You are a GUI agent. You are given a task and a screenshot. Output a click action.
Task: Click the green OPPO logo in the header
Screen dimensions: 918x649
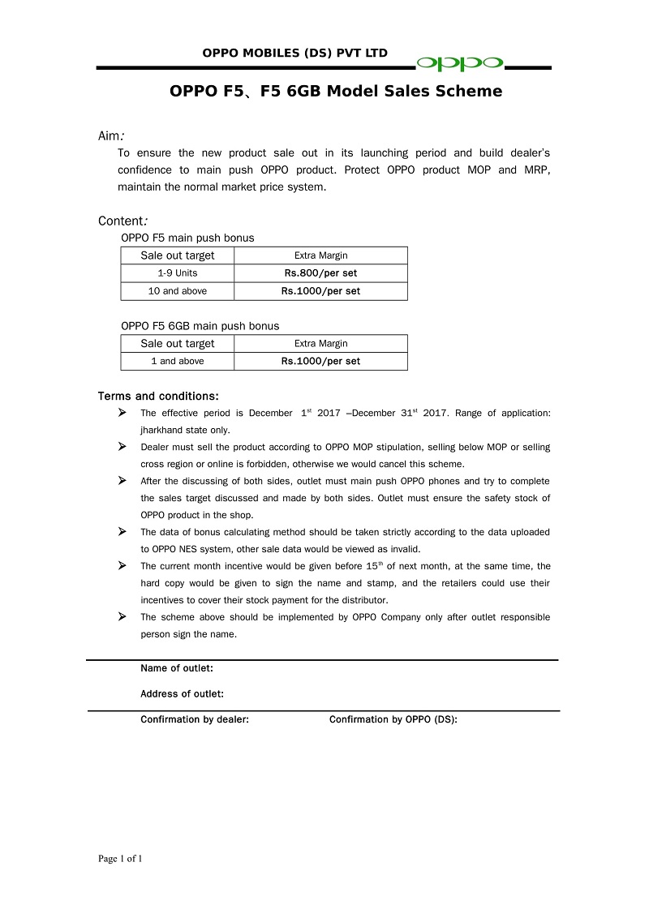[460, 63]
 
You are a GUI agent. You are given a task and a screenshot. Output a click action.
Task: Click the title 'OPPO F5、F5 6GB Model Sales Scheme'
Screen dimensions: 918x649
[336, 92]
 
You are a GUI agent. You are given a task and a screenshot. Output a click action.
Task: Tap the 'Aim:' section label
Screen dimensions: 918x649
[111, 135]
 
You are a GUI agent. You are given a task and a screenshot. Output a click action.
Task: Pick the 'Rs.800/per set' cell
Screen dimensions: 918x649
[320, 273]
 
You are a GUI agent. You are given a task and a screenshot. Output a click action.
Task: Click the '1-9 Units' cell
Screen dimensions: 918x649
[178, 273]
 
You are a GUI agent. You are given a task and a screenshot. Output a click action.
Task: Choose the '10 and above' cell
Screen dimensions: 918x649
[178, 291]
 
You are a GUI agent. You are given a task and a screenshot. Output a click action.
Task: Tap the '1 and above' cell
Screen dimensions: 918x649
[178, 362]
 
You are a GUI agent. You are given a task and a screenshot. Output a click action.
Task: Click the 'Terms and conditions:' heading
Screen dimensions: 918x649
[158, 397]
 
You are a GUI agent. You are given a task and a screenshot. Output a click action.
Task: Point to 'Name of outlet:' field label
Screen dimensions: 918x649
[177, 669]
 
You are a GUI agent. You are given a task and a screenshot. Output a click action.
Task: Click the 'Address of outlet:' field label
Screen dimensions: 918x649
[182, 694]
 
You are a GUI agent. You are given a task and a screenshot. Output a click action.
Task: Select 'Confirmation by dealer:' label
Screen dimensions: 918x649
[195, 719]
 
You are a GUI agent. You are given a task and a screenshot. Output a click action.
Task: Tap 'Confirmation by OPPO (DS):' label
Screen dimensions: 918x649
[393, 719]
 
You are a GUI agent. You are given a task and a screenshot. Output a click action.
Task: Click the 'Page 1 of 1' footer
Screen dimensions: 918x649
[120, 859]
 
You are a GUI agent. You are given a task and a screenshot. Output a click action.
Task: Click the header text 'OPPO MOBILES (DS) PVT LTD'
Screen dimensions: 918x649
[295, 54]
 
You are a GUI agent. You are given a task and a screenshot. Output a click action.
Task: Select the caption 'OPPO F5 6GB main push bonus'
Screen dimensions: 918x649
[200, 326]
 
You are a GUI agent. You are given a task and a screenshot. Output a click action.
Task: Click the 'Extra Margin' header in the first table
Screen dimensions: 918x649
[320, 255]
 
